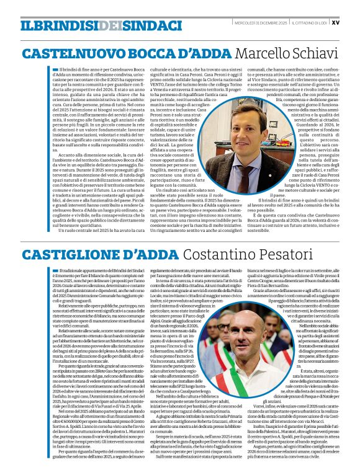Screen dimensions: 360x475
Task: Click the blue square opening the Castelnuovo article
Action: tap(55, 69)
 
